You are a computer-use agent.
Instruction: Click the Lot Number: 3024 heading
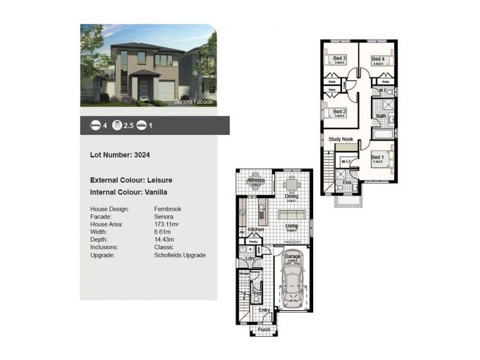pos(120,155)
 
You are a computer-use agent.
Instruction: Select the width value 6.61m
pos(162,232)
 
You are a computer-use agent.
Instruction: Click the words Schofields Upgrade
pos(180,256)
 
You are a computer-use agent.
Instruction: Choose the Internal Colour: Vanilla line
pos(128,193)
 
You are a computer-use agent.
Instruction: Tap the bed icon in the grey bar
pos(95,125)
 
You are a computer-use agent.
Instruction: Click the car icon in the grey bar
pos(142,125)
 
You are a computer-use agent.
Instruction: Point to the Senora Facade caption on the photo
pos(193,103)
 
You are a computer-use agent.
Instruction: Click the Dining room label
pos(292,196)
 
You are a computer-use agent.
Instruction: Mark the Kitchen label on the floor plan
pos(257,229)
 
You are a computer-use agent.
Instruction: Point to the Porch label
pos(264,330)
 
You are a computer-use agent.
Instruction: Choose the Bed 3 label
pos(340,58)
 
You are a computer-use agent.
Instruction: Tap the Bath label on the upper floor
pos(381,116)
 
